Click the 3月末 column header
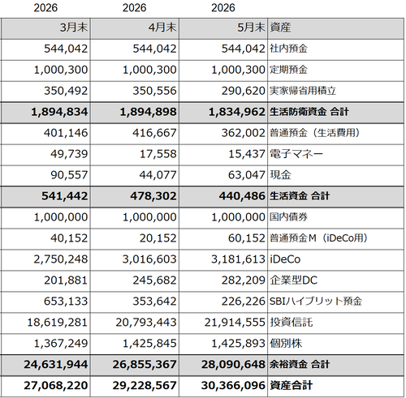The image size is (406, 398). click(74, 28)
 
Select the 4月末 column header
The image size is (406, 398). click(162, 28)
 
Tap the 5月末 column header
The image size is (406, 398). click(251, 28)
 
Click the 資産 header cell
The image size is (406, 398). click(280, 28)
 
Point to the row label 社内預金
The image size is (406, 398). click(288, 49)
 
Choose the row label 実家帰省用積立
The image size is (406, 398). click(303, 91)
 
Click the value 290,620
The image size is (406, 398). click(244, 91)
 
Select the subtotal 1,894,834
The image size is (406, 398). click(59, 112)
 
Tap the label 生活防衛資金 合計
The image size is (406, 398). click(309, 112)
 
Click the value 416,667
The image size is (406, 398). click(154, 133)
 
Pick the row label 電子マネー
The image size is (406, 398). click(296, 154)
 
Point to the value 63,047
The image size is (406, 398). click(247, 175)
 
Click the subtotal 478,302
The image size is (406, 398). click(153, 196)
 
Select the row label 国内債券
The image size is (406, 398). click(288, 217)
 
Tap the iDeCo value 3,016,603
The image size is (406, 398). click(149, 259)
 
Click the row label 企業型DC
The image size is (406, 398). click(293, 280)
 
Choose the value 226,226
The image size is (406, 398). click(244, 302)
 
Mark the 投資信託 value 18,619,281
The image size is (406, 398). click(58, 323)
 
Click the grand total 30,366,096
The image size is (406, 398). click(233, 386)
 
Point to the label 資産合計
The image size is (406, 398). click(292, 386)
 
